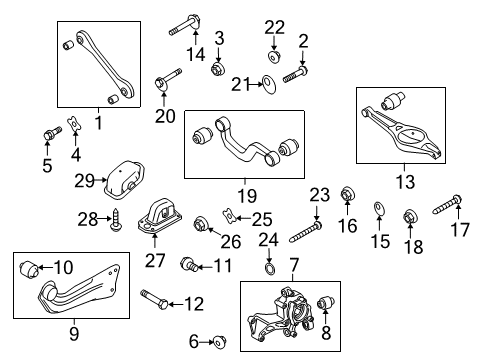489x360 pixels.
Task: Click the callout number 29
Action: (x=84, y=181)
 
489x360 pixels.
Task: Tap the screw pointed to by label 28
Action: (x=116, y=220)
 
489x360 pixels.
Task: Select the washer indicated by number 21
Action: (x=269, y=85)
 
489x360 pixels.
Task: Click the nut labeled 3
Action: (x=218, y=68)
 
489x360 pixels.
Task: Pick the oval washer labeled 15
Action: (x=379, y=208)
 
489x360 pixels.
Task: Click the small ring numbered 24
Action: (x=269, y=268)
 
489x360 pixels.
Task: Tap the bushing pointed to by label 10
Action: (x=29, y=268)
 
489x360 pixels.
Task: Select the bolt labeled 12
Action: (x=155, y=299)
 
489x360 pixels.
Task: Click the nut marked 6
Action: (x=219, y=342)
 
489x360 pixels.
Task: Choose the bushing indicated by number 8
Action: (x=326, y=302)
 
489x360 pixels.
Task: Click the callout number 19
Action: (x=247, y=196)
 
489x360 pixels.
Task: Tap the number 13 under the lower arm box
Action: (x=405, y=182)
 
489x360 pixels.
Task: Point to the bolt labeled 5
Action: (x=52, y=133)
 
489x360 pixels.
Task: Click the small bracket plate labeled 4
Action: (x=75, y=123)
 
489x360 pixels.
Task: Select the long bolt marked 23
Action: (x=306, y=232)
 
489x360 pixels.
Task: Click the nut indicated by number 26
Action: (x=201, y=224)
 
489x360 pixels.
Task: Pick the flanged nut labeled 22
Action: (x=274, y=57)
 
